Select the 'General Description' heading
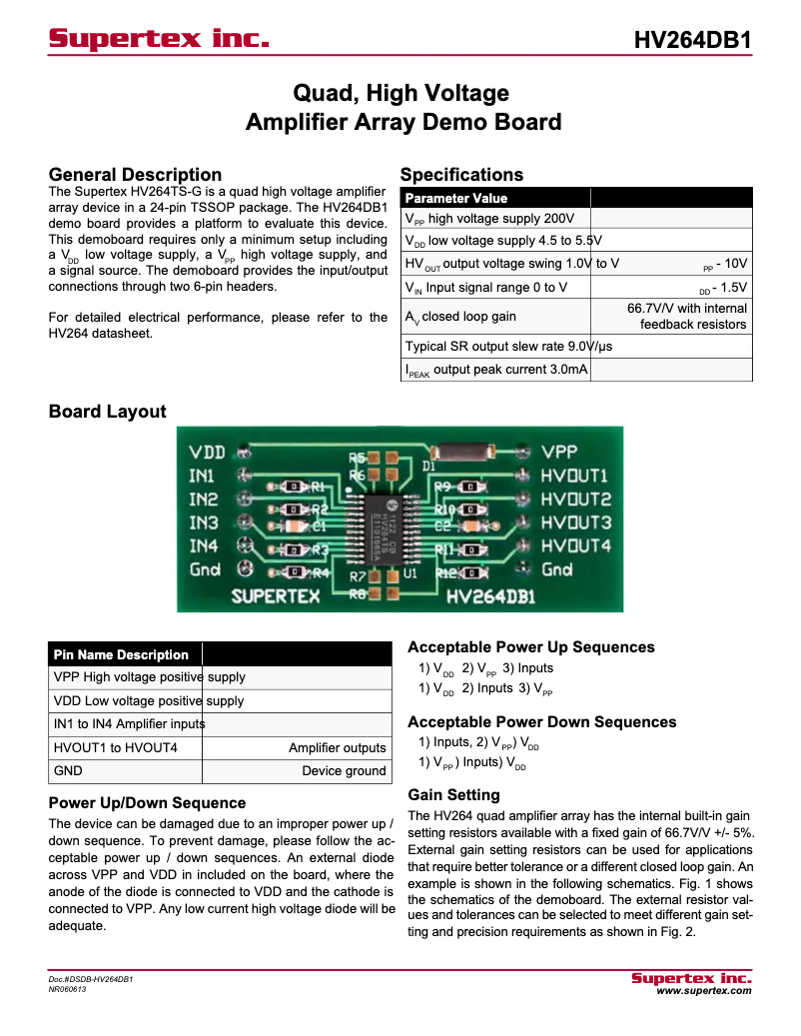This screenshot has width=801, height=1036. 135,175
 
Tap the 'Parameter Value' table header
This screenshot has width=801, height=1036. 455,198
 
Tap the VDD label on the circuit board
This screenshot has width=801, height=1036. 208,453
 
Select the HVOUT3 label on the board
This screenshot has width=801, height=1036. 575,522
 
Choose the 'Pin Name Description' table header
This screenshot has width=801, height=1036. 121,654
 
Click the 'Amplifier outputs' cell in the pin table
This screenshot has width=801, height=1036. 337,747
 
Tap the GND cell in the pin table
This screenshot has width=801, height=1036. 68,770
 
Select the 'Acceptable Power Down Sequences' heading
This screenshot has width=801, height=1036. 541,721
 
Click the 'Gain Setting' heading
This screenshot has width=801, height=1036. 453,794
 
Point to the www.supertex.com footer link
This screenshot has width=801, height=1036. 703,990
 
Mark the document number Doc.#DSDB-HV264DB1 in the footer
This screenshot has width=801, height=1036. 91,979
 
